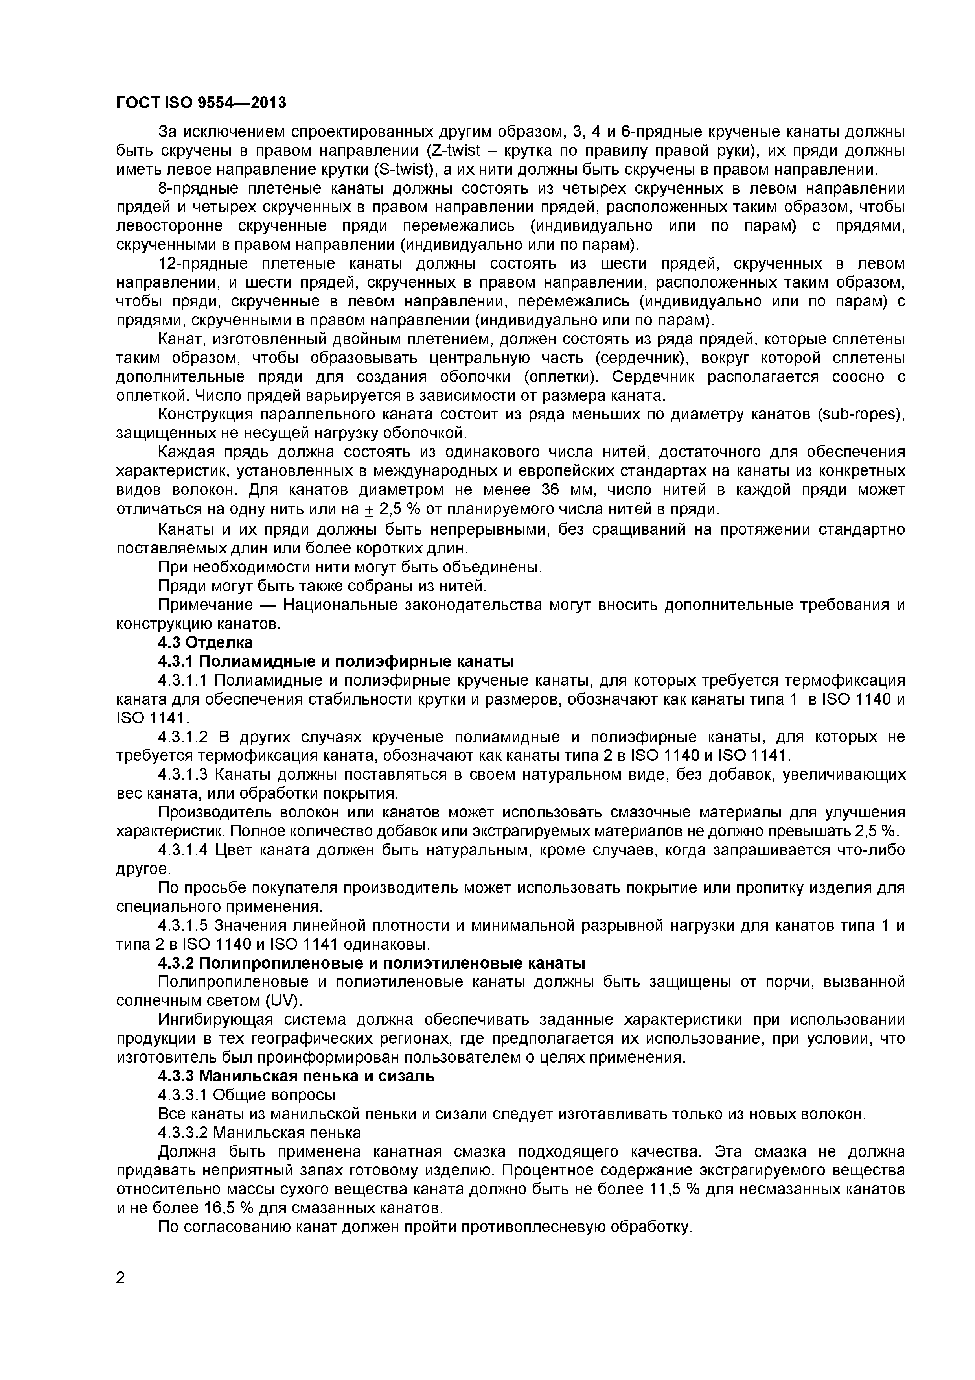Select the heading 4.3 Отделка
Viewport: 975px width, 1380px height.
click(x=205, y=642)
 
